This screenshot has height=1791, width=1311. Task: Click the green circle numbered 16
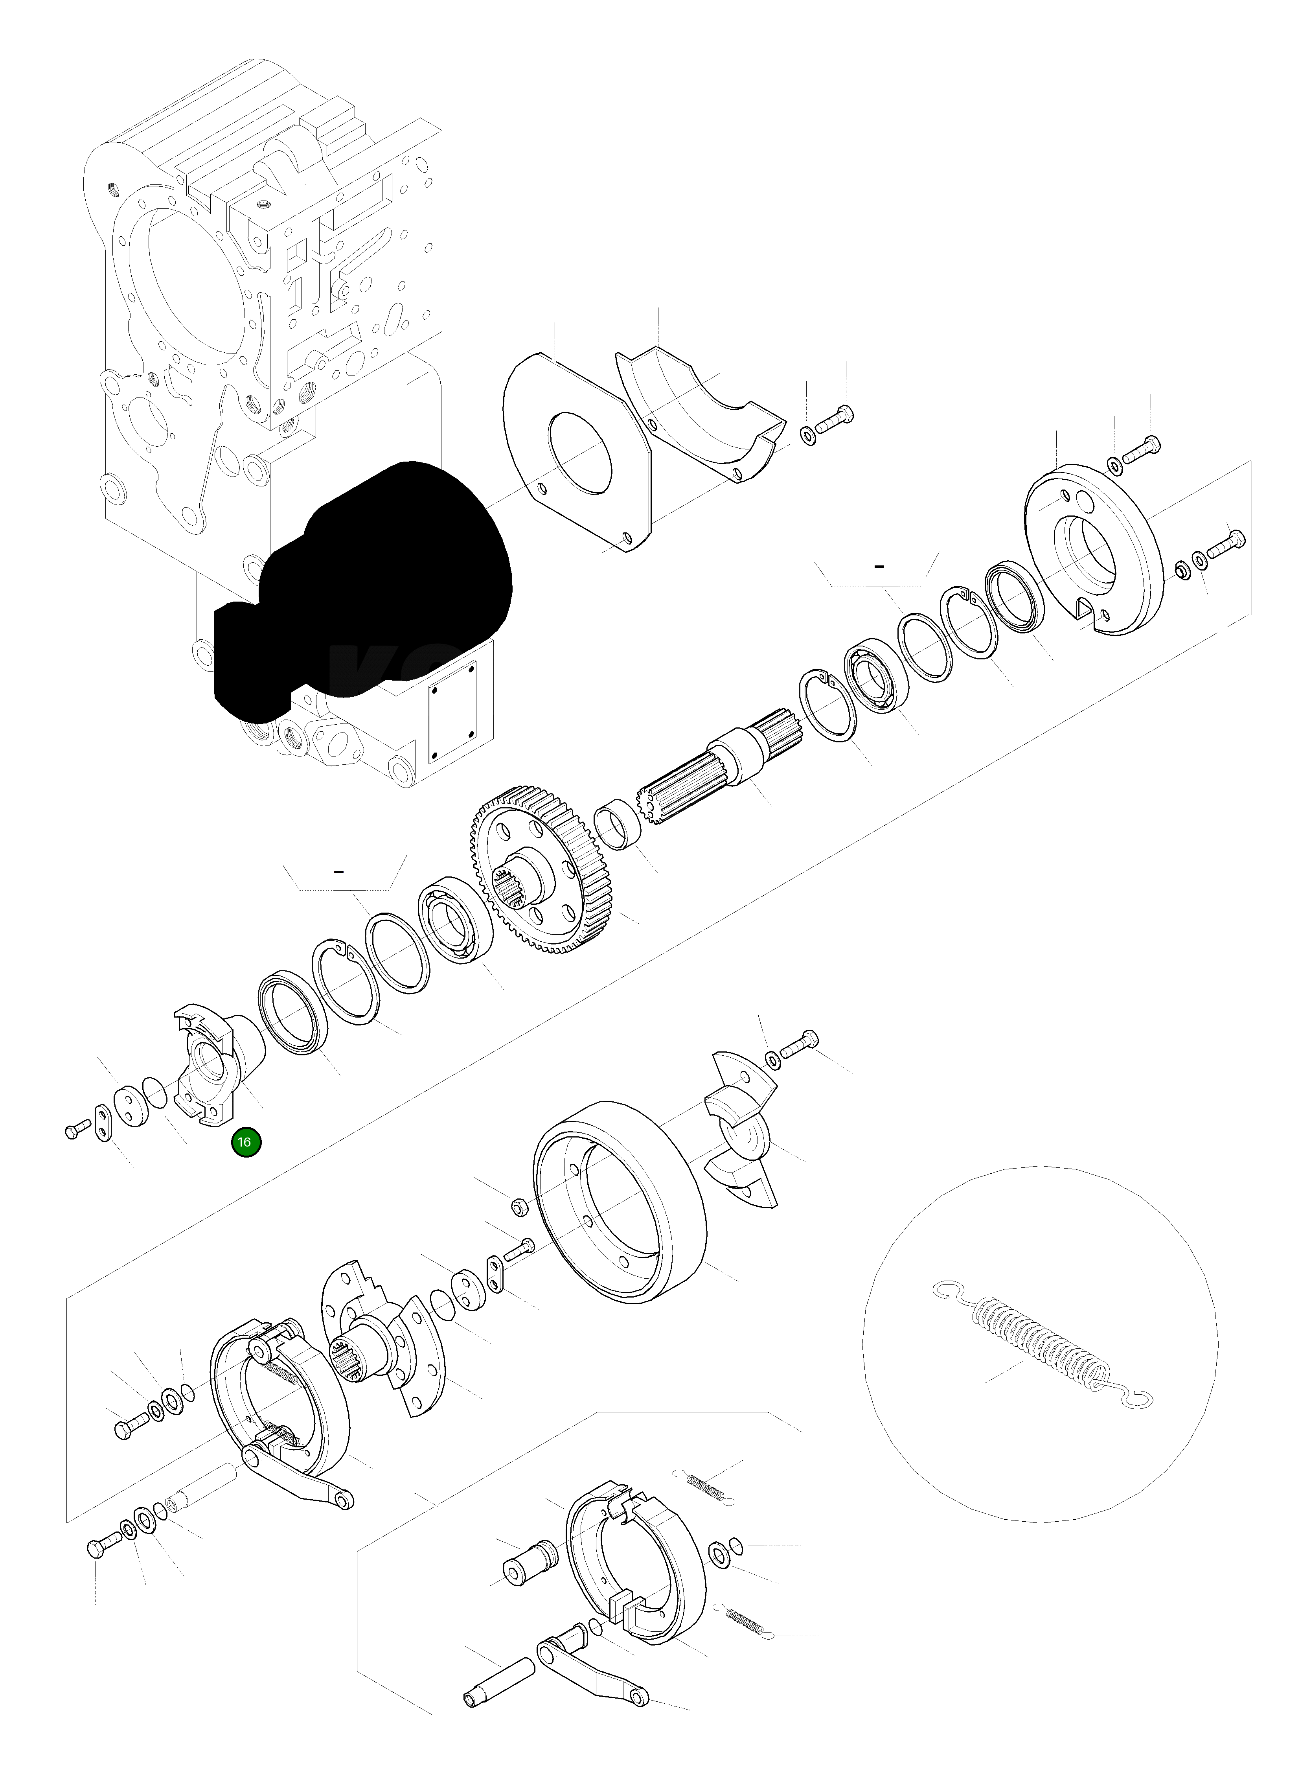coord(244,1142)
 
